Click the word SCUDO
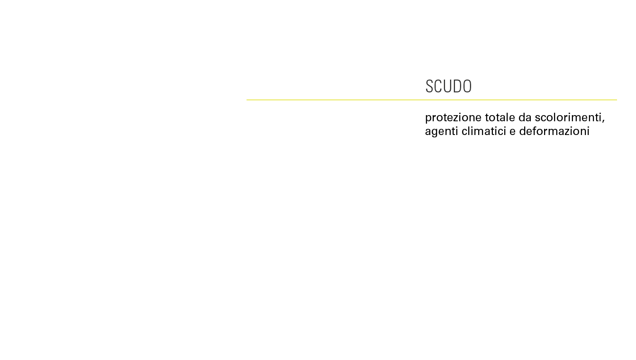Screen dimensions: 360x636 [448, 86]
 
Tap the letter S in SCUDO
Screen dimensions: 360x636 [429, 86]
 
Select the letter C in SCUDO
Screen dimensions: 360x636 [438, 86]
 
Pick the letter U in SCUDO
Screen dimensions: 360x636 [448, 86]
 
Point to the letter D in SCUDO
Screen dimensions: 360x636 [457, 86]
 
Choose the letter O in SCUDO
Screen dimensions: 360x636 [467, 86]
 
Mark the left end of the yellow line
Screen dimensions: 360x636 [247, 100]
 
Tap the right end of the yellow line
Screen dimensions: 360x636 [616, 100]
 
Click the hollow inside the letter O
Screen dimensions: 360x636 [467, 86]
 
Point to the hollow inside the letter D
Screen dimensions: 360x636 [458, 86]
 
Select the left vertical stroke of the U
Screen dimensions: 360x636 [445, 85]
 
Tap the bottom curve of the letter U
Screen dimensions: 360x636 [448, 92]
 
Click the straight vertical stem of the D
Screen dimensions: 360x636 [454, 86]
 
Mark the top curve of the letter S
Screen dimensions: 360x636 [429, 80]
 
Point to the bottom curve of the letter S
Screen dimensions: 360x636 [429, 92]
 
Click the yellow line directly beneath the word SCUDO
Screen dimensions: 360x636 [448, 100]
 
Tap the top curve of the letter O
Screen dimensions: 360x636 [467, 80]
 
